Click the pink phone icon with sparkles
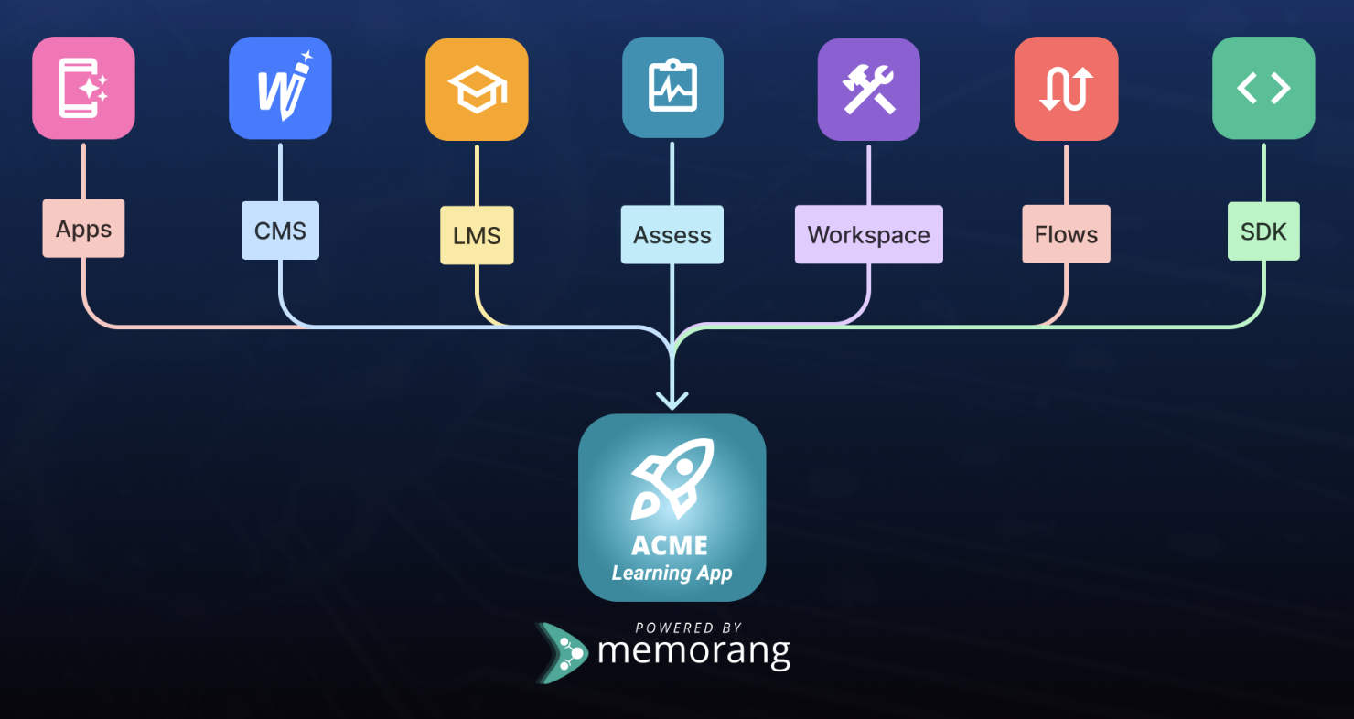click(x=83, y=88)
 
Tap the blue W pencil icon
click(x=280, y=88)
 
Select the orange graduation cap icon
click(x=477, y=90)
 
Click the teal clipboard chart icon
click(x=672, y=88)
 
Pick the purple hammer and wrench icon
click(x=868, y=90)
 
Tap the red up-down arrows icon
click(x=1066, y=89)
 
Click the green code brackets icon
click(x=1263, y=88)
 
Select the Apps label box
click(x=83, y=229)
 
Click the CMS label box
click(x=280, y=231)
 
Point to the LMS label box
click(x=477, y=235)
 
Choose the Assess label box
click(x=672, y=235)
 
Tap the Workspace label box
click(x=868, y=235)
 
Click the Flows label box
click(x=1066, y=234)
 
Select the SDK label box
click(x=1263, y=231)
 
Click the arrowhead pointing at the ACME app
click(x=672, y=400)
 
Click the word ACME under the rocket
click(x=670, y=546)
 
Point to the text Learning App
click(x=672, y=574)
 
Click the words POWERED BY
click(x=688, y=628)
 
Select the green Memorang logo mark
click(x=562, y=653)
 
